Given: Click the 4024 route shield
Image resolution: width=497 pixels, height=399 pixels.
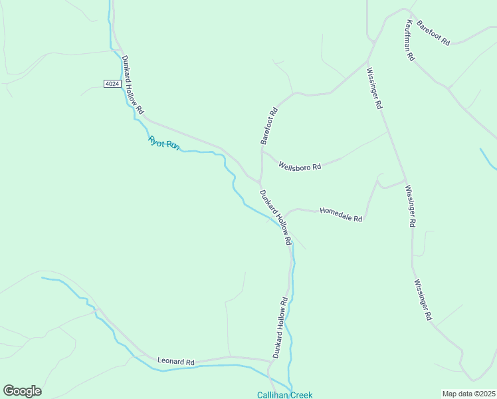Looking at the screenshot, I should point(112,83).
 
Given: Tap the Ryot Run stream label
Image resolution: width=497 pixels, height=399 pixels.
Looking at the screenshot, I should point(163,142).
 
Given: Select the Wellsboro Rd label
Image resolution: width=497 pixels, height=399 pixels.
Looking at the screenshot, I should point(300,166).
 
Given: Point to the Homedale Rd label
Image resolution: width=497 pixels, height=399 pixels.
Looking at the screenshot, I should point(341,214).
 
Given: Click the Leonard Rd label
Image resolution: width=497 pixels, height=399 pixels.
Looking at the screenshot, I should point(175,361).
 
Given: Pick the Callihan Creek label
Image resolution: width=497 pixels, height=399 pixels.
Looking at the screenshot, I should point(284,394).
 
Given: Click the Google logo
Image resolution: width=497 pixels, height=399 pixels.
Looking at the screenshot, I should point(22,391).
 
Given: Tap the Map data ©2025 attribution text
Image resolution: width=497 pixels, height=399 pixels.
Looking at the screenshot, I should point(469,394).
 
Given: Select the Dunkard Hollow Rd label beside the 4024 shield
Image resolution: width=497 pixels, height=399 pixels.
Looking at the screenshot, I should point(132,84).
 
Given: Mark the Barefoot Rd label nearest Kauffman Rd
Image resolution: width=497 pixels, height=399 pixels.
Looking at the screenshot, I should point(433,31).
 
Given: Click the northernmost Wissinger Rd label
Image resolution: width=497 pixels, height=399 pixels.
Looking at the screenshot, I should point(374,88).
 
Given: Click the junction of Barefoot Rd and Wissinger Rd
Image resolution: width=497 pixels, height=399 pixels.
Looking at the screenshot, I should point(367,63).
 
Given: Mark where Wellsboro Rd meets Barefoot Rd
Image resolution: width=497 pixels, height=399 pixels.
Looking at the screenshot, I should point(262,150).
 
